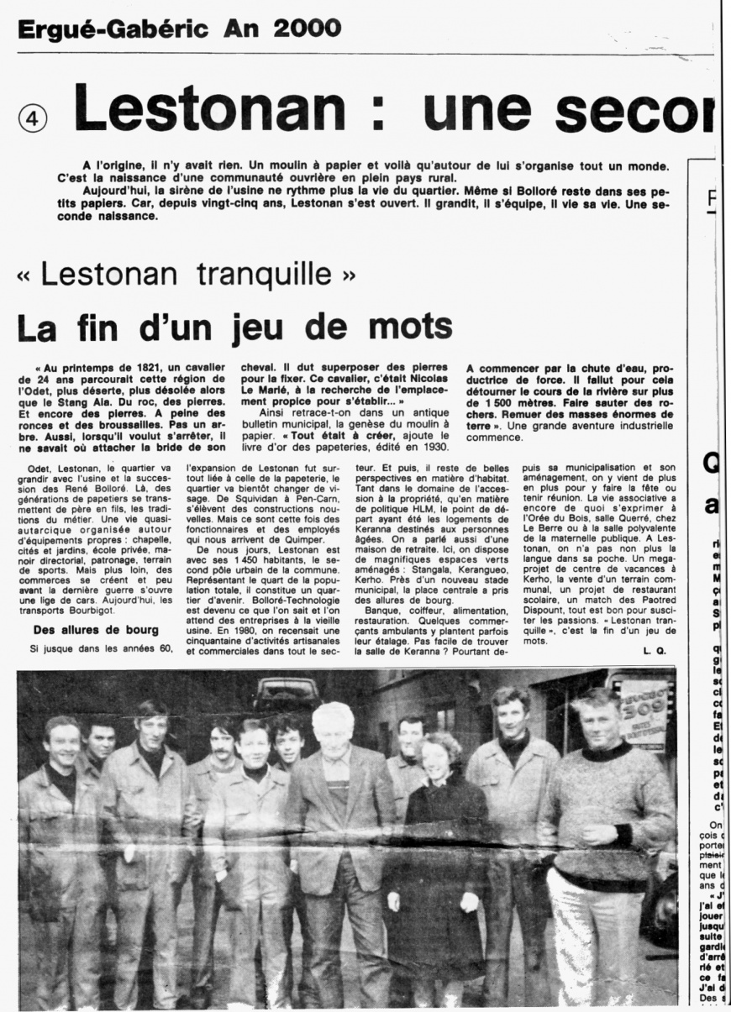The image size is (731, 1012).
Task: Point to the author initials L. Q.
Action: coord(655,651)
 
